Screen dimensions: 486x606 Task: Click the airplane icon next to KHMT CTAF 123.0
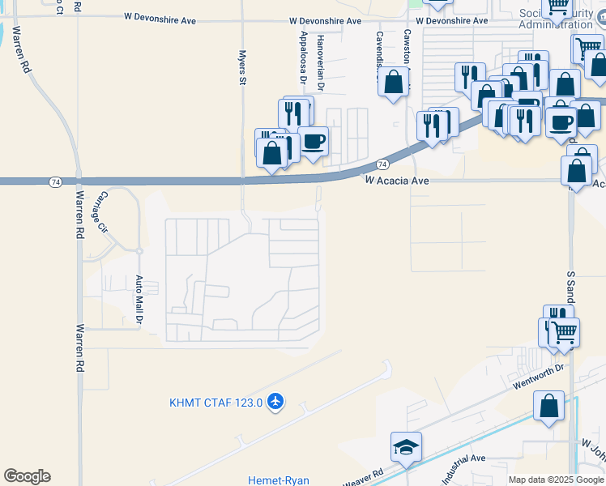tap(275, 402)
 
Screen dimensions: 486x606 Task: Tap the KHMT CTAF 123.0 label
tap(216, 403)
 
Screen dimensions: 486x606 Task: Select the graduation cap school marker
tap(406, 446)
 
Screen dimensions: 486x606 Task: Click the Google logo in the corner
tap(27, 476)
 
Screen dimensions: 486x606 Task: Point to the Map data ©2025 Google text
tap(556, 480)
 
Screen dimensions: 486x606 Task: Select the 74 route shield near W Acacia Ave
tap(381, 164)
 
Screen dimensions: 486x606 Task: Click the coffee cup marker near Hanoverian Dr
tap(314, 141)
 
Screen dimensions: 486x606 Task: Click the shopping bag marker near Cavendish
tap(393, 83)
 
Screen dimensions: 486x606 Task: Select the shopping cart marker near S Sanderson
tap(564, 332)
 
